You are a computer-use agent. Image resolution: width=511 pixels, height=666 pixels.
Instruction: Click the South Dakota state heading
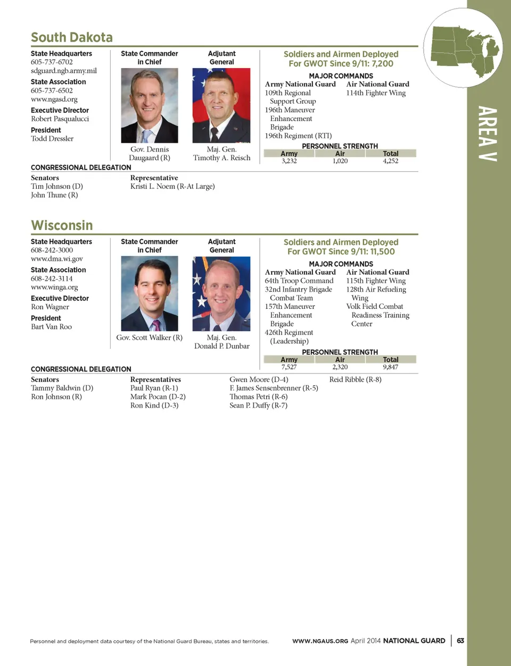tap(72, 37)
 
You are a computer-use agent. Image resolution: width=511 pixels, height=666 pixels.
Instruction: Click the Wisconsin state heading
tap(62, 225)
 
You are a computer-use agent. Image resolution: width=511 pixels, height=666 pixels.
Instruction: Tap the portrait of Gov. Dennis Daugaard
tap(150, 105)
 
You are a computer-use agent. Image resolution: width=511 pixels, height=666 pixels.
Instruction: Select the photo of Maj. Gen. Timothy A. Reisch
tap(221, 105)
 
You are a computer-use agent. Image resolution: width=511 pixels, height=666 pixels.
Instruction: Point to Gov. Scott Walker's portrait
tap(150, 293)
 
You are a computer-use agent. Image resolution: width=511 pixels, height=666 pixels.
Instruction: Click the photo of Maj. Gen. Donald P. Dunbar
tap(221, 293)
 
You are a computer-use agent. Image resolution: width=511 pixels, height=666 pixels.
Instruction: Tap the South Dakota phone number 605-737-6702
tap(52, 62)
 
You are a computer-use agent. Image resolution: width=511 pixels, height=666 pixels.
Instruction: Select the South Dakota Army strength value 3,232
tap(289, 161)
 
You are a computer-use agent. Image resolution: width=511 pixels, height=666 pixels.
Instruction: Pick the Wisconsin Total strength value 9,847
tap(390, 367)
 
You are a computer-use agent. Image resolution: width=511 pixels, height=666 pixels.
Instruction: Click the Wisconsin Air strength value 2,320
tap(340, 367)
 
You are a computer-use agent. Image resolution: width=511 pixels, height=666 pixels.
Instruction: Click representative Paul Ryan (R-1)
tap(154, 388)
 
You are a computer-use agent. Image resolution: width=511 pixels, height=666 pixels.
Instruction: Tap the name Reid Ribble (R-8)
tap(355, 380)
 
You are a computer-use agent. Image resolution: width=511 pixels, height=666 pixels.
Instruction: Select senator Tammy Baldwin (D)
tap(62, 388)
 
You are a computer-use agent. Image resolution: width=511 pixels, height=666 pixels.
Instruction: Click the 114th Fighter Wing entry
tap(376, 93)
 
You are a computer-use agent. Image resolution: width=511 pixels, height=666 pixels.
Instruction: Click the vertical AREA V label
tap(487, 134)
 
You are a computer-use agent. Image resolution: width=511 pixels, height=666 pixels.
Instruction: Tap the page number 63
tap(460, 640)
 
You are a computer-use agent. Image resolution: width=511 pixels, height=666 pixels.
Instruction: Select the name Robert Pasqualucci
tap(60, 119)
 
